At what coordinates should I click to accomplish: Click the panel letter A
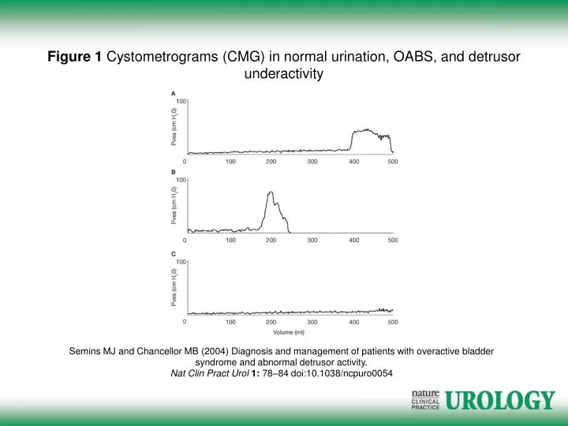click(174, 93)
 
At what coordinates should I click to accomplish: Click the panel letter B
click(174, 171)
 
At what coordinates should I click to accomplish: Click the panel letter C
click(174, 253)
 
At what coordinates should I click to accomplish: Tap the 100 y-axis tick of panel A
click(181, 102)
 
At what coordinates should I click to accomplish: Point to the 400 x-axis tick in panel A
click(354, 161)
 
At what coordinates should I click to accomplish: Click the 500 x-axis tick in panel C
click(393, 322)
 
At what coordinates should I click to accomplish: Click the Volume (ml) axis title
click(289, 332)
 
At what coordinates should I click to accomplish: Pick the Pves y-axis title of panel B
click(174, 204)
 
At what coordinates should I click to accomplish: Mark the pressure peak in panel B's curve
click(271, 192)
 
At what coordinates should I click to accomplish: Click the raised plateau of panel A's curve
click(365, 131)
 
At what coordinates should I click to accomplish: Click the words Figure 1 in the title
click(75, 57)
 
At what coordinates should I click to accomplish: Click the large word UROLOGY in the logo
click(500, 402)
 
